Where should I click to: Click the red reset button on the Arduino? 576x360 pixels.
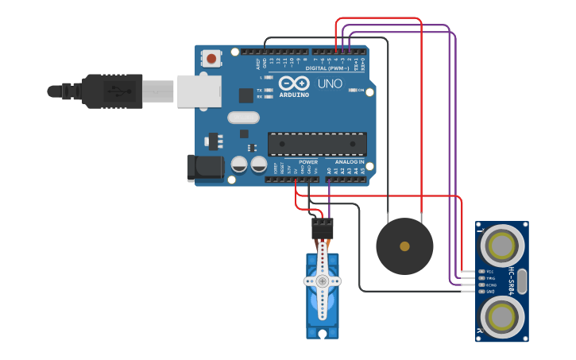tap(211, 58)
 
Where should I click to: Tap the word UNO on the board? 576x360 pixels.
tap(330, 83)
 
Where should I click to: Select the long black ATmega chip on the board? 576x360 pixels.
tap(317, 144)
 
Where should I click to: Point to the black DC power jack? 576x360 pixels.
tap(204, 167)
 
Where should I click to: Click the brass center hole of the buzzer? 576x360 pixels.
tap(404, 246)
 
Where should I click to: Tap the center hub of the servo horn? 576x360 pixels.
tap(323, 281)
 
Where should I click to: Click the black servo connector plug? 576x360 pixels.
tap(323, 230)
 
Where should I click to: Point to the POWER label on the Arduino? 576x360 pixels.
tap(308, 161)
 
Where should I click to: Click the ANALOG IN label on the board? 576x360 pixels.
tap(349, 161)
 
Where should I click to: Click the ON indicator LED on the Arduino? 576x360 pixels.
tap(353, 90)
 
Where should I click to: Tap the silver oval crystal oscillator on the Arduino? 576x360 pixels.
tap(243, 118)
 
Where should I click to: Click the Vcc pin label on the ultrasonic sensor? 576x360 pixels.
tap(489, 272)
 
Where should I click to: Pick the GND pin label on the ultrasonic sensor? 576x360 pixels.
tap(489, 291)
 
